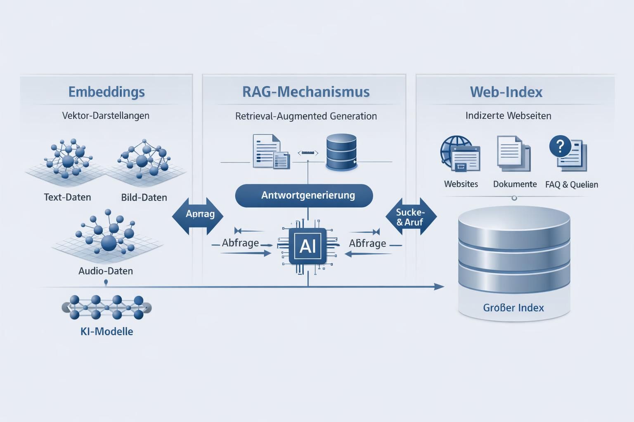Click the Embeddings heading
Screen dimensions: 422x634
click(106, 91)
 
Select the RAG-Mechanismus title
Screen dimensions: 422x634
click(306, 91)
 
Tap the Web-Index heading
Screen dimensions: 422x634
click(506, 91)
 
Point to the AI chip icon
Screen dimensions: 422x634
click(308, 246)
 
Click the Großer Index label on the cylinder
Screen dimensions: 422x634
click(513, 307)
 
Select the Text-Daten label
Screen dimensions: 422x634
click(67, 197)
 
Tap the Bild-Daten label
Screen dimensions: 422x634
click(144, 197)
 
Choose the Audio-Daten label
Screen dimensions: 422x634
click(106, 271)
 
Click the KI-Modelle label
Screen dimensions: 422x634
click(106, 331)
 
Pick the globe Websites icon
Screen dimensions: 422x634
click(459, 153)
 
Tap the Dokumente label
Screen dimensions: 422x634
click(515, 184)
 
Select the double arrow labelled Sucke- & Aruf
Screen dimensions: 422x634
click(410, 217)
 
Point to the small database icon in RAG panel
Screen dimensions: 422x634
click(341, 152)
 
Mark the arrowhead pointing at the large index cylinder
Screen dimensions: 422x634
click(439, 286)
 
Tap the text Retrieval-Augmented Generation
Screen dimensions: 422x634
click(306, 116)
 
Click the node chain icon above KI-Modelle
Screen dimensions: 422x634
click(106, 307)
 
